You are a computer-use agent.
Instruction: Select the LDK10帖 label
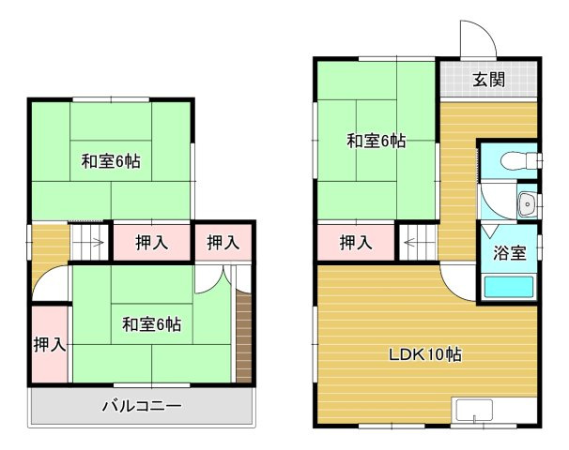click(x=424, y=354)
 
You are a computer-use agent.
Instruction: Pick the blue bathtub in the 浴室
click(x=508, y=287)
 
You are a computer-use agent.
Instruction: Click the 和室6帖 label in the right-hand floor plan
click(x=376, y=141)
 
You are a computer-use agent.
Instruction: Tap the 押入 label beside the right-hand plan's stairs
click(x=355, y=243)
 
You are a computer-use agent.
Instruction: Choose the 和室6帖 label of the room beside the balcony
click(x=151, y=324)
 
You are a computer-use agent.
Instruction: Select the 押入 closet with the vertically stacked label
click(x=50, y=344)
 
